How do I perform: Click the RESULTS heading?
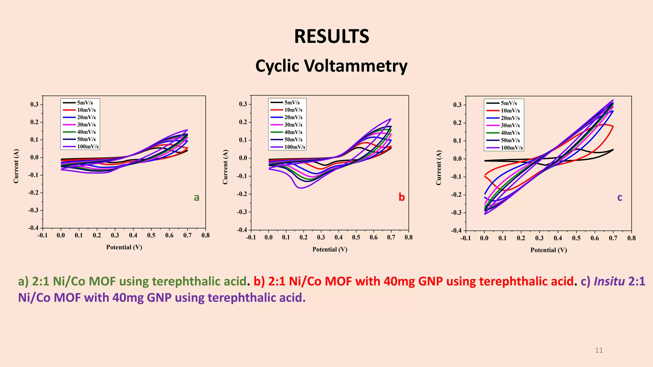(331, 36)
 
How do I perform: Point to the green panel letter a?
(197, 198)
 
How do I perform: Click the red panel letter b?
(401, 198)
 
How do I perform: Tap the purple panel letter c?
(620, 198)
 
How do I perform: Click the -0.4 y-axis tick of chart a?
(33, 228)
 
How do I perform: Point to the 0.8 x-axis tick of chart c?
(631, 238)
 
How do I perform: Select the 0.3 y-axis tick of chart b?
(243, 104)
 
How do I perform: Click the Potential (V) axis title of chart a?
(124, 247)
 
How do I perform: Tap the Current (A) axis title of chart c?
(439, 168)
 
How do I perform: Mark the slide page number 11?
(599, 350)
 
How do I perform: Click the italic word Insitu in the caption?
(609, 281)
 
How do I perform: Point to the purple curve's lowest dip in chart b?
(300, 188)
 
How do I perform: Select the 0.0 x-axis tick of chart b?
(268, 237)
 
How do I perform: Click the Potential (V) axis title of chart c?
(548, 250)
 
